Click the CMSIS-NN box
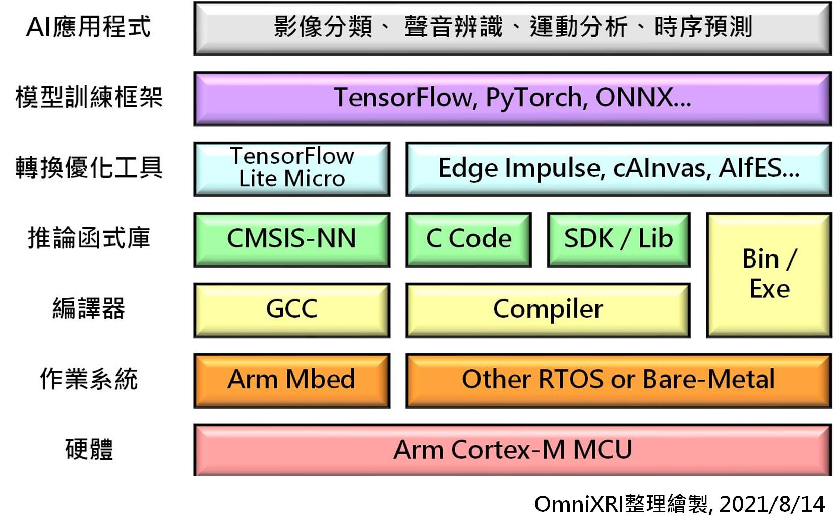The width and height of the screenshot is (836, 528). [291, 239]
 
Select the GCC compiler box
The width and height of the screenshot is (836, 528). [291, 310]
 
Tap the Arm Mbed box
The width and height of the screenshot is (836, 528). [291, 380]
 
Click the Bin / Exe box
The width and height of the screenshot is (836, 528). [769, 275]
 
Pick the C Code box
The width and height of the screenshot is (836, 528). [468, 239]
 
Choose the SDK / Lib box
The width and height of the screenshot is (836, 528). [618, 239]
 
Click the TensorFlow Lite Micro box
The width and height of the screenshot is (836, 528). [291, 169]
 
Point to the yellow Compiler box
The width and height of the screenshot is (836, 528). [548, 310]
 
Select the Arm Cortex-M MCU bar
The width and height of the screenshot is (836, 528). [512, 450]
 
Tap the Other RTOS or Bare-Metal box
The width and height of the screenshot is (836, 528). [618, 380]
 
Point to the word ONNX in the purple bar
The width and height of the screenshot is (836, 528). [634, 98]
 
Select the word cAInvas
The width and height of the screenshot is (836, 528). [662, 168]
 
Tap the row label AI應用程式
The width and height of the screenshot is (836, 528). [88, 27]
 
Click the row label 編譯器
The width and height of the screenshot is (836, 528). [89, 309]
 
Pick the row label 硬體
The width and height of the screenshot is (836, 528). [89, 449]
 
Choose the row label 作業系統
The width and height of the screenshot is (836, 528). [89, 379]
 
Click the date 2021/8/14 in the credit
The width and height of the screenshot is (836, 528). [772, 504]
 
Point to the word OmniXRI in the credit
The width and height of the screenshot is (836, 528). [578, 504]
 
